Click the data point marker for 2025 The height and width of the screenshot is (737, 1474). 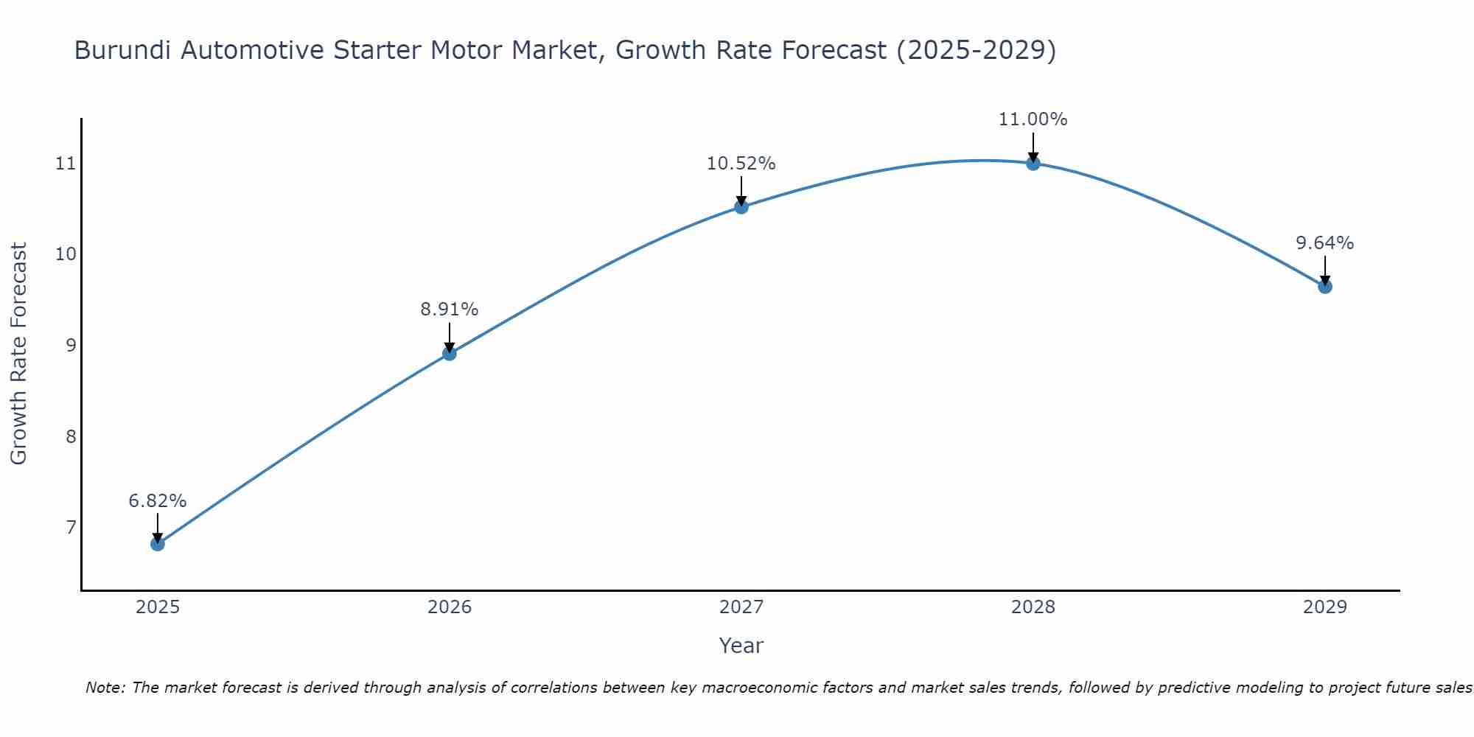[x=158, y=544]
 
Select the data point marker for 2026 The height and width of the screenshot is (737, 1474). [x=450, y=354]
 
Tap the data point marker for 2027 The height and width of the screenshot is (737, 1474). [x=741, y=207]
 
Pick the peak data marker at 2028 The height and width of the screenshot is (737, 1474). [x=1033, y=164]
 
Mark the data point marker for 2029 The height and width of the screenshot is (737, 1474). [x=1325, y=287]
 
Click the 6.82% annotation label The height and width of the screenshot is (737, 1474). [x=158, y=501]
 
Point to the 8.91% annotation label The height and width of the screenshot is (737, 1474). [x=450, y=310]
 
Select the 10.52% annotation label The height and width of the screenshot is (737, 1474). [x=741, y=164]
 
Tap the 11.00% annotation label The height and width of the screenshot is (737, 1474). [x=1033, y=119]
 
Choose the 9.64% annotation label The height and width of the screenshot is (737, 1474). [x=1325, y=243]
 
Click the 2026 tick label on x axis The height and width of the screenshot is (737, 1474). [x=450, y=607]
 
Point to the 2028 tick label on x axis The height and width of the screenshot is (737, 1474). [x=1033, y=607]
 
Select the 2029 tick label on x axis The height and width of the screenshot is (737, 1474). [x=1325, y=607]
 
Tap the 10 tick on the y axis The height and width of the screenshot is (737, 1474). [x=66, y=254]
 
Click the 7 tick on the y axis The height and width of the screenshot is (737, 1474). [x=71, y=528]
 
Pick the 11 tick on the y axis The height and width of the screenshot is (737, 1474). [x=66, y=164]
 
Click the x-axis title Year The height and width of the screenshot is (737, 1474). [x=741, y=646]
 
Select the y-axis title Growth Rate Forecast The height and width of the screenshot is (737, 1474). [x=19, y=354]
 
